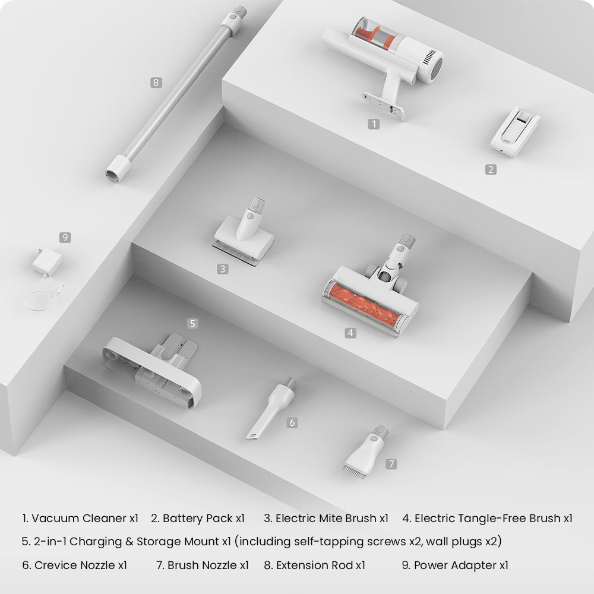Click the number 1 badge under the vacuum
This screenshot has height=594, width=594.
tap(374, 124)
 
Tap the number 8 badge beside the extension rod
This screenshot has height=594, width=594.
tap(156, 83)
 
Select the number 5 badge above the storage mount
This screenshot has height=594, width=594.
tap(193, 324)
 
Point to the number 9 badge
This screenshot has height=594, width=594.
tap(65, 238)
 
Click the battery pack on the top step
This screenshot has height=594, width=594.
tap(515, 131)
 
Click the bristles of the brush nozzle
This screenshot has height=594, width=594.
tap(355, 472)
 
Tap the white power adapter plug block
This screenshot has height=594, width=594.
tap(48, 262)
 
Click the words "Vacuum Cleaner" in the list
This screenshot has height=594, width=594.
tap(79, 518)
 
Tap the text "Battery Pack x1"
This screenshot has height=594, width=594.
tap(198, 518)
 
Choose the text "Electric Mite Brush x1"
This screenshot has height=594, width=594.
tap(326, 518)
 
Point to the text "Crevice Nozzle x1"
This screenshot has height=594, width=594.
tap(75, 565)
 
